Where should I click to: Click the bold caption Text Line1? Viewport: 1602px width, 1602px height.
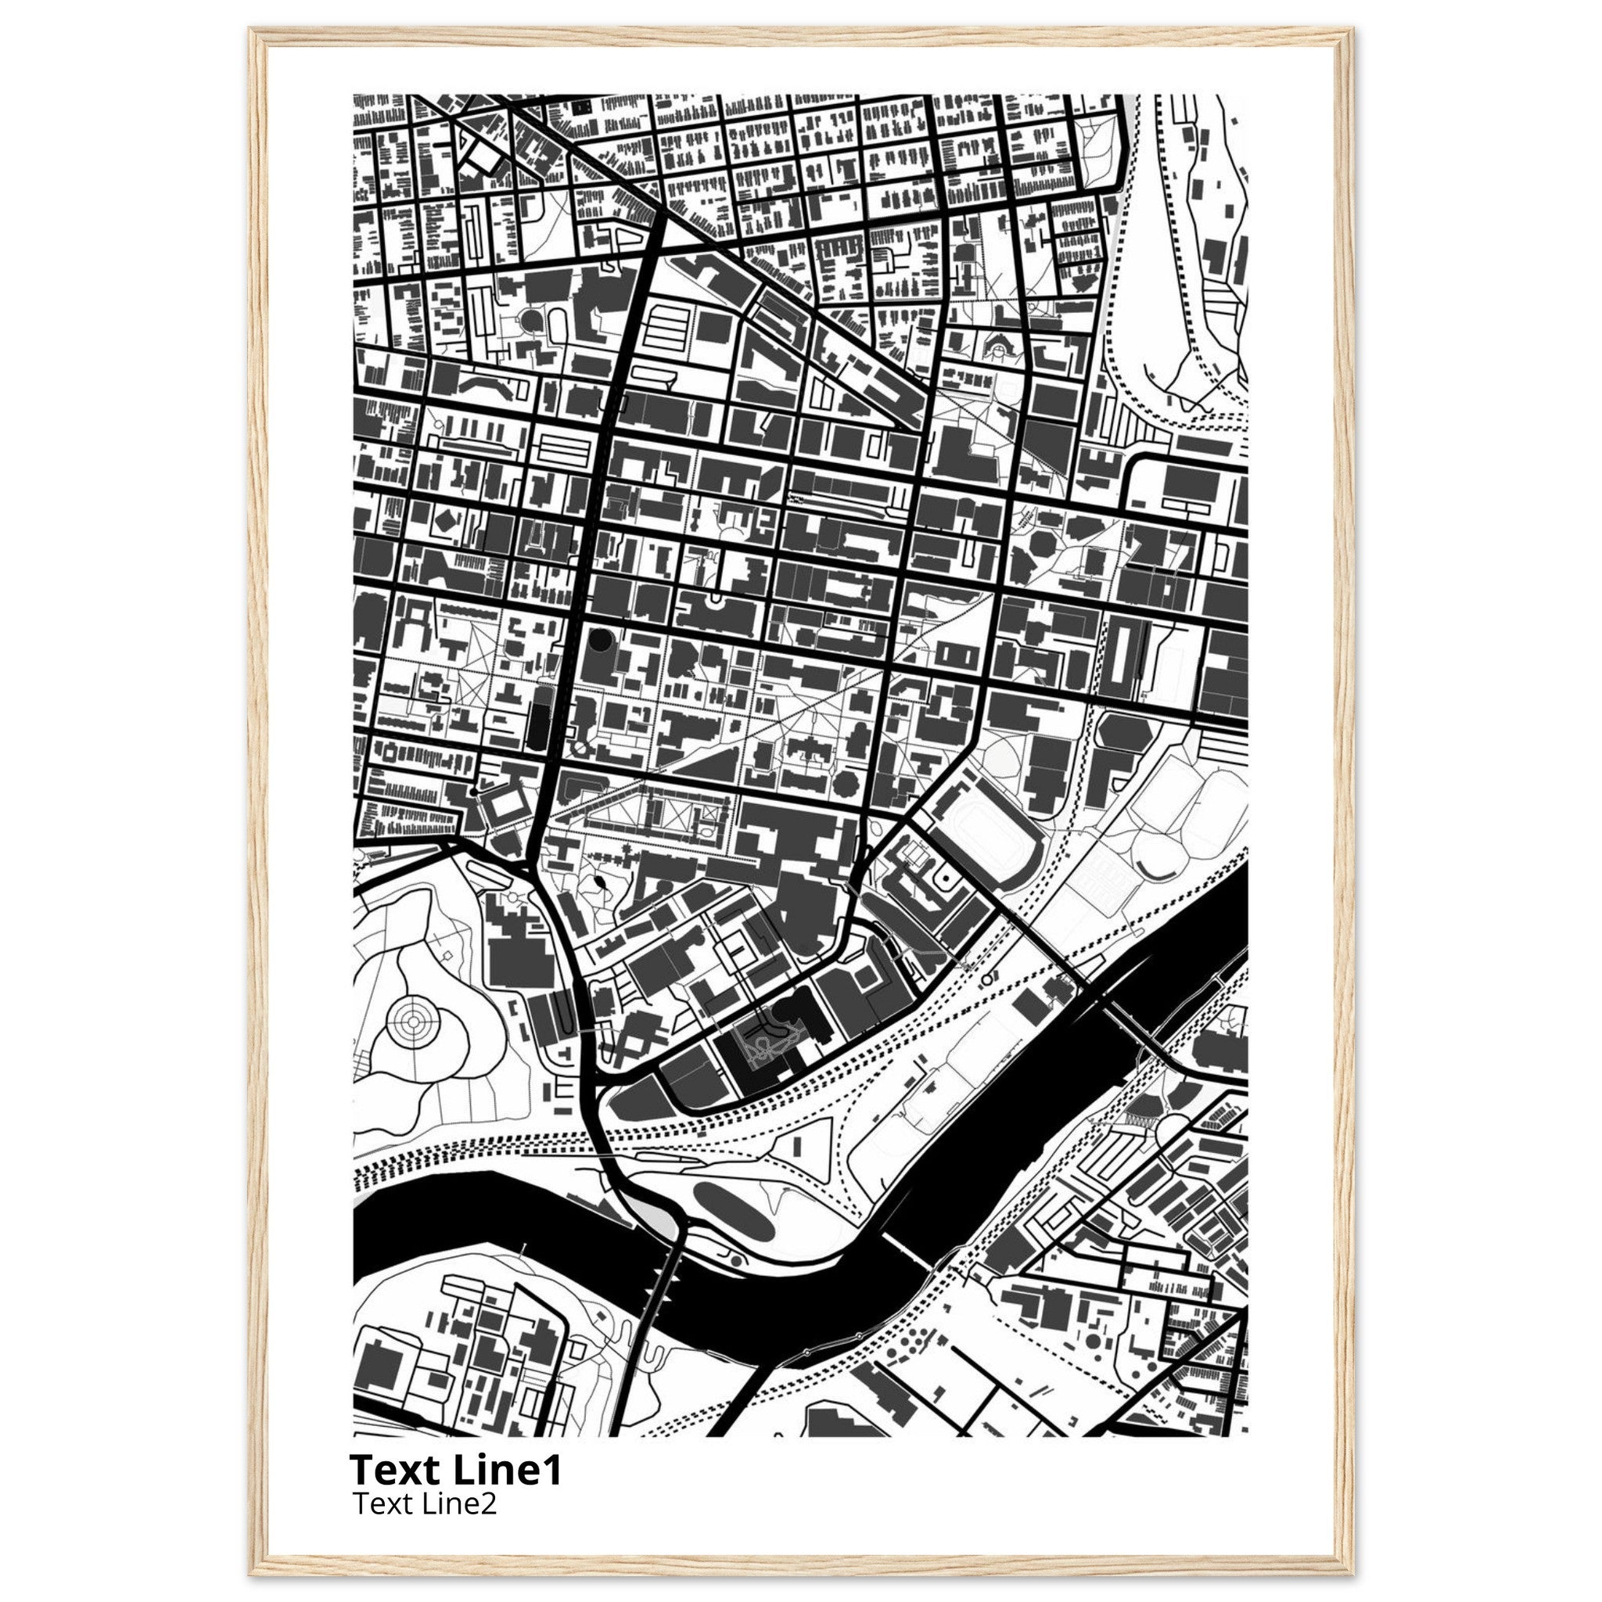coord(455,1469)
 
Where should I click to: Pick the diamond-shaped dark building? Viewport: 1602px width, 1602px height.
coord(446,521)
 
